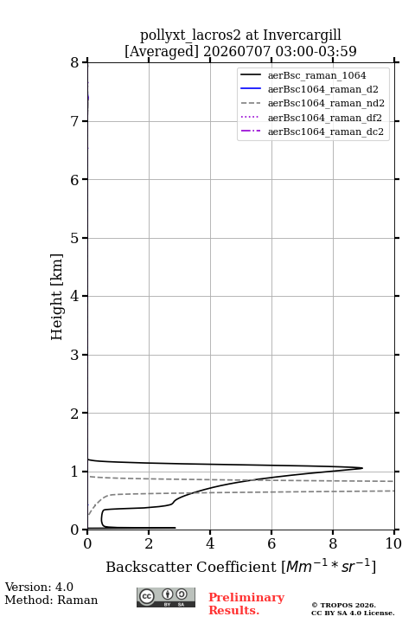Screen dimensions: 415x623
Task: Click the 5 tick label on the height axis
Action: point(75,238)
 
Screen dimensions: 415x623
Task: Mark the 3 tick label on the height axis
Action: point(75,355)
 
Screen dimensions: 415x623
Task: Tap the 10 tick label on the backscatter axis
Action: point(393,543)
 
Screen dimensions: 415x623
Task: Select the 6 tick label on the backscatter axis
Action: point(271,543)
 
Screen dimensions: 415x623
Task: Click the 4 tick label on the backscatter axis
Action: point(210,543)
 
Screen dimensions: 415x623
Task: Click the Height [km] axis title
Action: point(57,297)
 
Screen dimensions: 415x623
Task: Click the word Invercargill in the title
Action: point(303,35)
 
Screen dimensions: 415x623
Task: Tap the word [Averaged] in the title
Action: point(162,51)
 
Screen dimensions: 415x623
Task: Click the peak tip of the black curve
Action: point(362,468)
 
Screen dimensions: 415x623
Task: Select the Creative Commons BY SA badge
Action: point(166,597)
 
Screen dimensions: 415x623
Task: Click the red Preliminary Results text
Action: point(246,604)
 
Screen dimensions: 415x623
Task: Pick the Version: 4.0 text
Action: point(39,587)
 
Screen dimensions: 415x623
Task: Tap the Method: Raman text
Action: point(51,600)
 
